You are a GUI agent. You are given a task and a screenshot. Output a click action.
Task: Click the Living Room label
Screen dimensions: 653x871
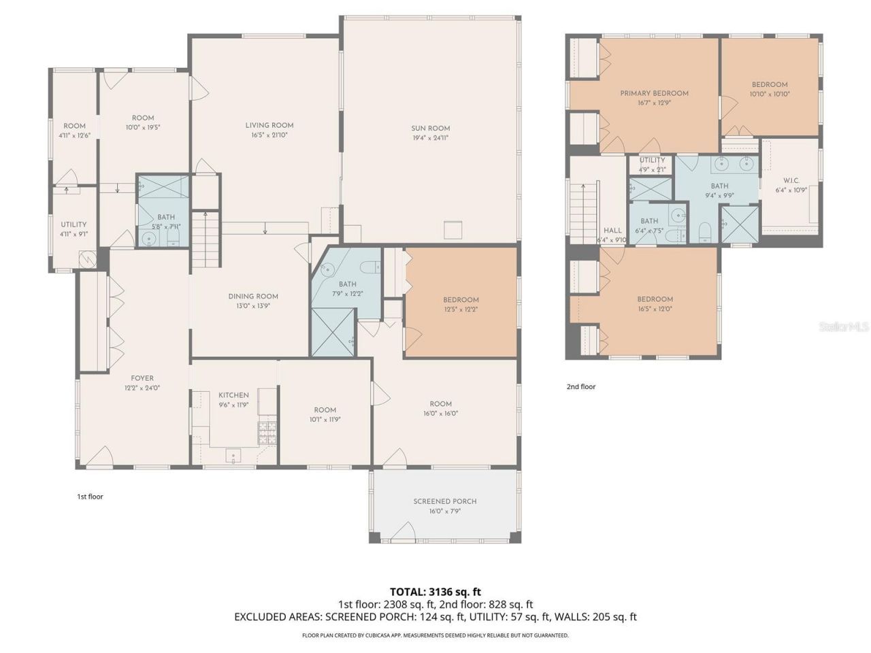pyautogui.click(x=269, y=125)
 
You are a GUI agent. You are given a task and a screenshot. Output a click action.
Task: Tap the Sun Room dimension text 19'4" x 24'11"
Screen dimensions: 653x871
pyautogui.click(x=430, y=138)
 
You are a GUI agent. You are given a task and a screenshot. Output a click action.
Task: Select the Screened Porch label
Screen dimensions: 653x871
pyautogui.click(x=445, y=501)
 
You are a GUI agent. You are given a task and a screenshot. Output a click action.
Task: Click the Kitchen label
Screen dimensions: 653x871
pyautogui.click(x=233, y=395)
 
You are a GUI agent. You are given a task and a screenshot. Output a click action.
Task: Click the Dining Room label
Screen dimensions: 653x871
pyautogui.click(x=253, y=297)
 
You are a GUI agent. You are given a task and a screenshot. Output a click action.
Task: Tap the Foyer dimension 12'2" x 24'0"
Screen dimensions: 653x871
pyautogui.click(x=142, y=388)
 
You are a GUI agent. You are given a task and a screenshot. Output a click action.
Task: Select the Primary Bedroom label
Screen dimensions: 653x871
pyautogui.click(x=654, y=93)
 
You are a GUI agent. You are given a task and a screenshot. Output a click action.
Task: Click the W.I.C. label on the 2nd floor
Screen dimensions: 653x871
pyautogui.click(x=791, y=181)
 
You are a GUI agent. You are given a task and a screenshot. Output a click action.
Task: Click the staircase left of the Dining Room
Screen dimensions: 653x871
pyautogui.click(x=206, y=239)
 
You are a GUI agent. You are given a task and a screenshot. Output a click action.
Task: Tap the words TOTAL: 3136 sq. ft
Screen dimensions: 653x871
pyautogui.click(x=435, y=592)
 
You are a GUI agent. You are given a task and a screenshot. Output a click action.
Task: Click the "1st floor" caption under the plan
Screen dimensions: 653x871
pyautogui.click(x=90, y=497)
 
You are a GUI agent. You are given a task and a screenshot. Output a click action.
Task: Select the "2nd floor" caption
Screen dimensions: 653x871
pyautogui.click(x=581, y=387)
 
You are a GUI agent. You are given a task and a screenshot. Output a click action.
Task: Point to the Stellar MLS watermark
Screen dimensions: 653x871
pyautogui.click(x=844, y=327)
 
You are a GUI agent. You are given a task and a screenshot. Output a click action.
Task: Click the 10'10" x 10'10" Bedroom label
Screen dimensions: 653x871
pyautogui.click(x=770, y=85)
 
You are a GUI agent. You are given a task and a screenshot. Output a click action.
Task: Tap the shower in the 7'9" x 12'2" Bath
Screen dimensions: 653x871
pyautogui.click(x=332, y=332)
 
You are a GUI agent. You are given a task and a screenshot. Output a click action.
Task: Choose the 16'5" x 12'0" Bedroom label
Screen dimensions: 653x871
pyautogui.click(x=655, y=299)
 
